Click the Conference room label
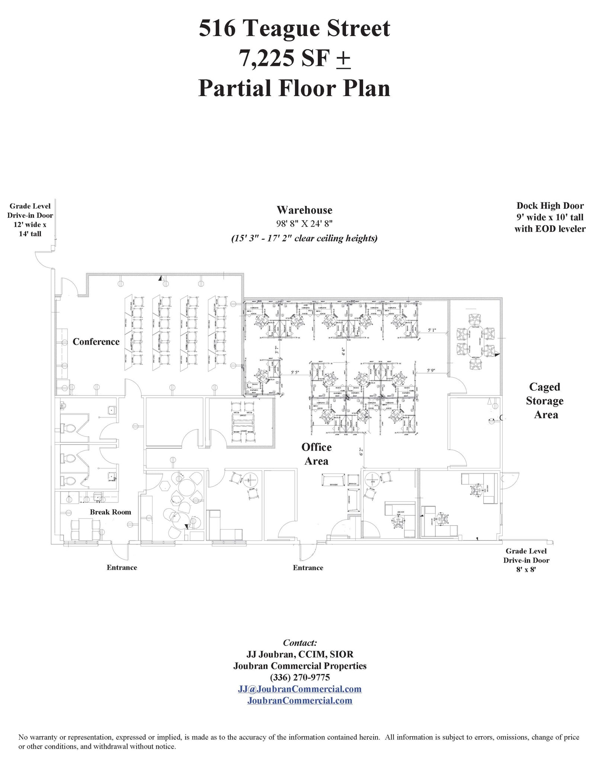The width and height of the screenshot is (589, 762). click(x=96, y=342)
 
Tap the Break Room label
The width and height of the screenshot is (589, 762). click(x=111, y=512)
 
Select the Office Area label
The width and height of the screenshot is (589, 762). click(x=316, y=454)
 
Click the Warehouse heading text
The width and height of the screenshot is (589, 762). click(x=304, y=210)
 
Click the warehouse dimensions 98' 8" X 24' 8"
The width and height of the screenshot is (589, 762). click(x=304, y=224)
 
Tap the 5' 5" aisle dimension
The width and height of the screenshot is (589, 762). click(x=295, y=372)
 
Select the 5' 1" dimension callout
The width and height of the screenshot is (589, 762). click(x=432, y=330)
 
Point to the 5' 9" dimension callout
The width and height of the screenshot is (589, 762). click(x=431, y=371)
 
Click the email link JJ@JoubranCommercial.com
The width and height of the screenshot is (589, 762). click(x=300, y=689)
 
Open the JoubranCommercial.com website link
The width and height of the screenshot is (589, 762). click(x=300, y=701)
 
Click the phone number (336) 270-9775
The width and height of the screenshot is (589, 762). click(x=300, y=677)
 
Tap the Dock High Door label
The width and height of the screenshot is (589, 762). click(x=550, y=205)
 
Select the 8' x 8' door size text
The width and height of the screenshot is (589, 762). click(x=526, y=569)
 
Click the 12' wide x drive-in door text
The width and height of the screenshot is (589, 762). click(x=30, y=224)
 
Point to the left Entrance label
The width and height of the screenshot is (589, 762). click(x=122, y=567)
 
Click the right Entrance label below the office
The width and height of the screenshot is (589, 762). click(x=308, y=568)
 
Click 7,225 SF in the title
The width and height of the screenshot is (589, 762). click(x=285, y=58)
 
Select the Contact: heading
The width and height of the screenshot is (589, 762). click(x=300, y=643)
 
